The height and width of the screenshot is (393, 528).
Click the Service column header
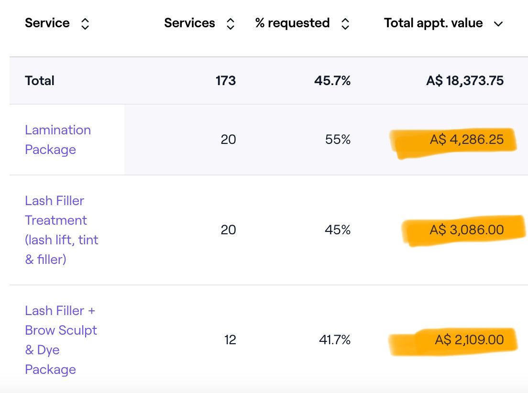(x=47, y=23)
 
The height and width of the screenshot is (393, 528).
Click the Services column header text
(x=189, y=23)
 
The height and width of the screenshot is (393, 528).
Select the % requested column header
(x=292, y=23)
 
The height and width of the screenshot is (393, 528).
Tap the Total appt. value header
(x=433, y=23)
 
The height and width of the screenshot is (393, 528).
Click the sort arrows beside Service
(x=85, y=24)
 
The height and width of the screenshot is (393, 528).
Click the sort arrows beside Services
(x=230, y=24)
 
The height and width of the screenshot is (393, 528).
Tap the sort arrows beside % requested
(x=345, y=24)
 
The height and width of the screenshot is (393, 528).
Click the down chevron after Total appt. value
(x=498, y=24)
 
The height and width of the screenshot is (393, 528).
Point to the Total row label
(x=40, y=80)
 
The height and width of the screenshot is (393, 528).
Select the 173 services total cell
(x=226, y=80)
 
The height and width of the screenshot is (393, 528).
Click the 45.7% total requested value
(x=332, y=80)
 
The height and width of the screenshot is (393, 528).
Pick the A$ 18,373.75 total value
(x=465, y=80)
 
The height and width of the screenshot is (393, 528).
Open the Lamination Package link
(x=57, y=140)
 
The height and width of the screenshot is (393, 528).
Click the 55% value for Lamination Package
(x=338, y=140)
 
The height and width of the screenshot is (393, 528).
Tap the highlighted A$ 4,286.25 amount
(x=467, y=140)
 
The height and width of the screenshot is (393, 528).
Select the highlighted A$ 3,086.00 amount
(x=467, y=229)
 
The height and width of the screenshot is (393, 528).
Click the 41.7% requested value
(x=335, y=340)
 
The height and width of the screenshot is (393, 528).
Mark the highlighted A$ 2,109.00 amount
(x=469, y=340)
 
